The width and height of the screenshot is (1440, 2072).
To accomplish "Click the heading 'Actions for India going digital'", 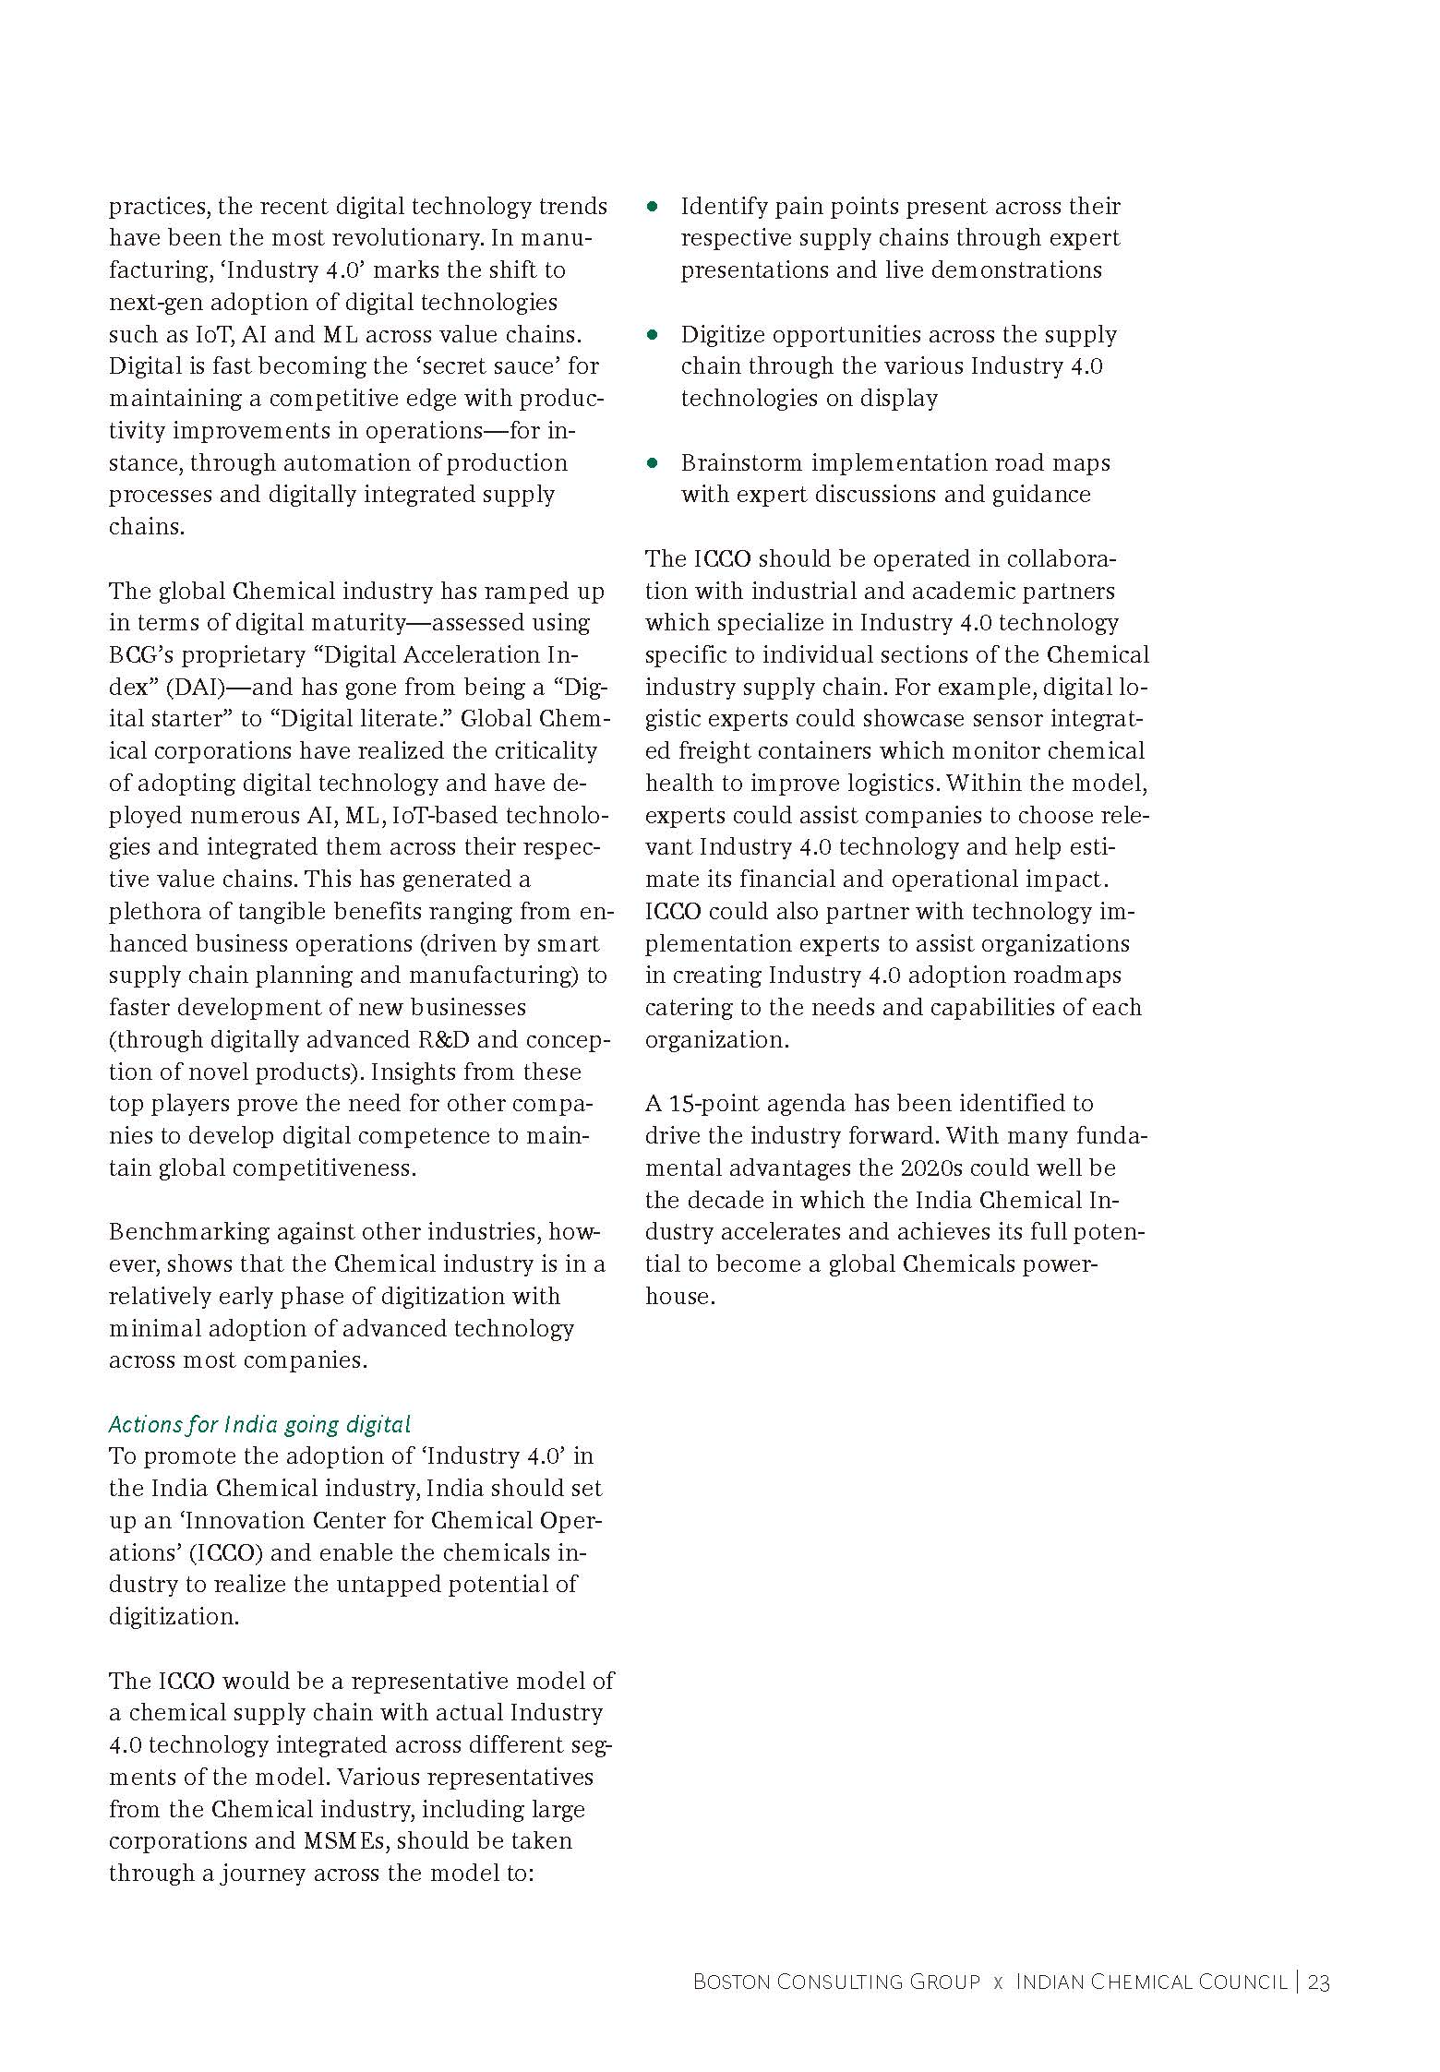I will click(x=259, y=1424).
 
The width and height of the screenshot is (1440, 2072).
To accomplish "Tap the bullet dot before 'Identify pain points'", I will click(x=654, y=207).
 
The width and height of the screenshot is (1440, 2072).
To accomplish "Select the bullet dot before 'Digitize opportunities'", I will click(x=654, y=335).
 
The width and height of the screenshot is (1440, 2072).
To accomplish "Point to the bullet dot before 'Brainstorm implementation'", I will click(x=654, y=463).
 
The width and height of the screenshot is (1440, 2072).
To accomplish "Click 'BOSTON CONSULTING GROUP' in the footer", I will click(x=836, y=1982).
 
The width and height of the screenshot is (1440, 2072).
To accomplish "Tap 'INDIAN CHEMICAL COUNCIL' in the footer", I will click(x=1151, y=1982).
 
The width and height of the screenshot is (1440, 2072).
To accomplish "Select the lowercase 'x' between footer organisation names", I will click(x=998, y=1983).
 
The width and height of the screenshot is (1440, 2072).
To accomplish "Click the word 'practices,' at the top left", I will click(x=159, y=207).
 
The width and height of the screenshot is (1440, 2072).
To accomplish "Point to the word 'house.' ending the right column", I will click(x=679, y=1297).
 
